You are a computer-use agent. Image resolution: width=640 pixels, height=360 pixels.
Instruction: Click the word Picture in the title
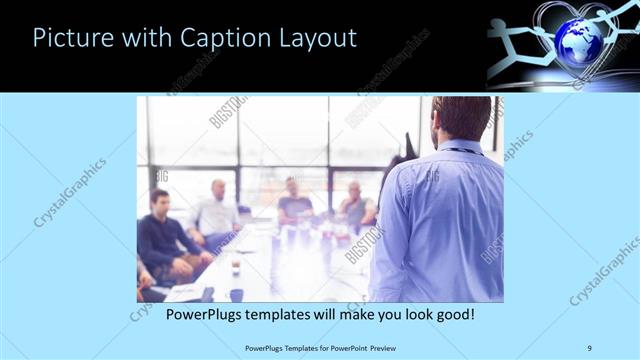tap(71, 39)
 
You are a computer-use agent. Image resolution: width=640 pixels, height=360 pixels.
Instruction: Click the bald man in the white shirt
tap(217, 210)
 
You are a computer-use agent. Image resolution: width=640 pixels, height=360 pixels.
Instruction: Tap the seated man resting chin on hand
tap(354, 204)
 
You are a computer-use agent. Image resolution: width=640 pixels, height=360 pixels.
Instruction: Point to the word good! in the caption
tap(453, 314)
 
